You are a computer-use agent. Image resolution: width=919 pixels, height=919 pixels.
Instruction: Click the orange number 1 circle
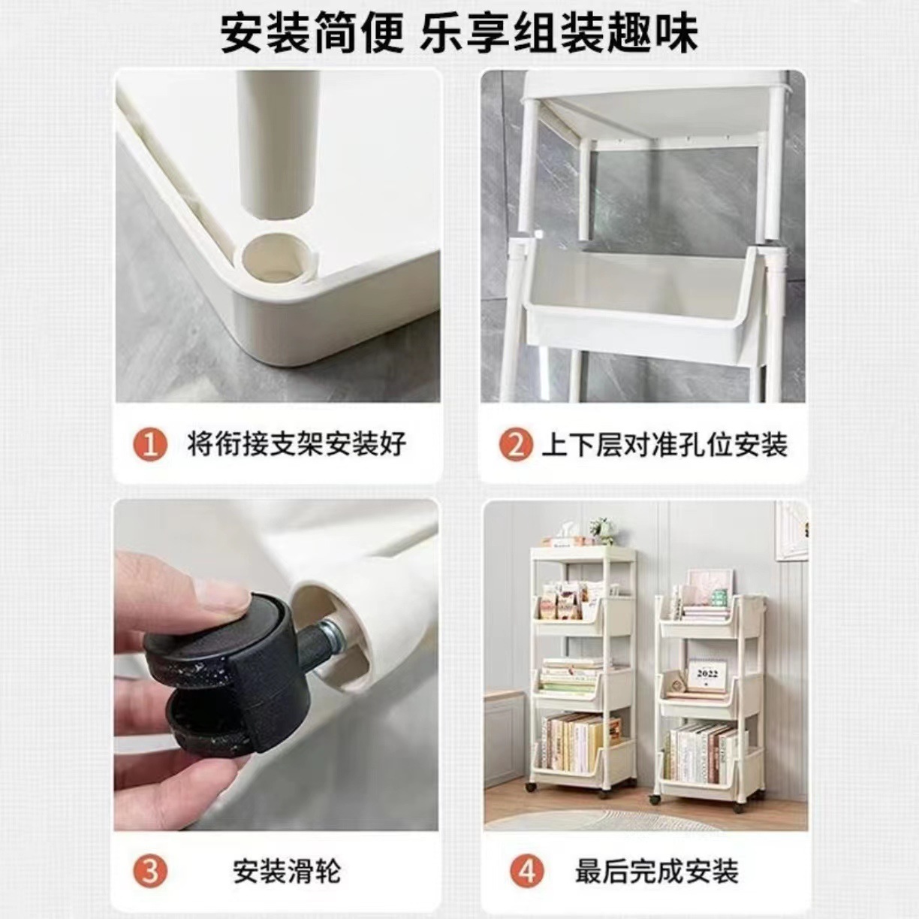(150, 445)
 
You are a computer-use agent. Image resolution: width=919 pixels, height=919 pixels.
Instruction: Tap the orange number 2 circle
(515, 445)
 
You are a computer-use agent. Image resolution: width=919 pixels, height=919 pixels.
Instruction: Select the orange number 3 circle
(150, 871)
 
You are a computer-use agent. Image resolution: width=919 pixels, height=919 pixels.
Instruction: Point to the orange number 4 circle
(526, 871)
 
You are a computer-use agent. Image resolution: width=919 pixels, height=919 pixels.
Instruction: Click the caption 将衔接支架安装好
(297, 445)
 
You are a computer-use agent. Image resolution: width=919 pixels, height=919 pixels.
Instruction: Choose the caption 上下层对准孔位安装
(664, 445)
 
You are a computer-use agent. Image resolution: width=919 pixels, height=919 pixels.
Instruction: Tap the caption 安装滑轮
(287, 871)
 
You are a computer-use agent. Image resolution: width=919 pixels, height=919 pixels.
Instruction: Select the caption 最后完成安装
(657, 871)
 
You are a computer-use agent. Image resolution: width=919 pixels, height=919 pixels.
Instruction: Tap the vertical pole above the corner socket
(274, 143)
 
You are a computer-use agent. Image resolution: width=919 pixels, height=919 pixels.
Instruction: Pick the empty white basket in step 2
(638, 301)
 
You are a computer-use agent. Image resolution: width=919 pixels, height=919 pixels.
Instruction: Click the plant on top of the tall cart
(601, 529)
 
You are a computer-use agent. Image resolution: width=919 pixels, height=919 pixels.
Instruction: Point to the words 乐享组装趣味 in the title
(559, 33)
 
